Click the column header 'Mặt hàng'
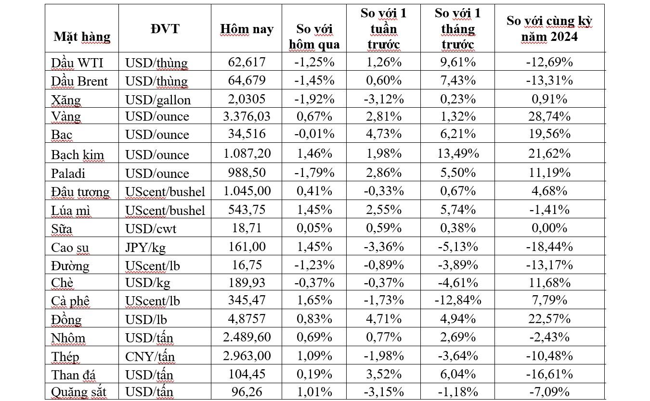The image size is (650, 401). click(x=82, y=37)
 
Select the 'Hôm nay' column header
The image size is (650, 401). click(x=247, y=29)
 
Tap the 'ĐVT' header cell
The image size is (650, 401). click(x=165, y=29)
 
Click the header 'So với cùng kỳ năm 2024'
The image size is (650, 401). click(x=549, y=29)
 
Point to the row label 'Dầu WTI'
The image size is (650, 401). click(x=78, y=63)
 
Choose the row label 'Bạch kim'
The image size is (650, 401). click(x=78, y=154)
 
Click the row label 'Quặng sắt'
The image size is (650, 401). click(x=78, y=392)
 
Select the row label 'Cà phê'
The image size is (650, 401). click(x=70, y=301)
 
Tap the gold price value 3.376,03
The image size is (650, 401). click(x=247, y=116)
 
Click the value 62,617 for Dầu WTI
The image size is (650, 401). click(x=247, y=62)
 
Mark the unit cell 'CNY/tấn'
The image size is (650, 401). click(x=150, y=356)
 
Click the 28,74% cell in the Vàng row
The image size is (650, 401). click(x=549, y=116)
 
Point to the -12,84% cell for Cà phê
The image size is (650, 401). click(x=457, y=301)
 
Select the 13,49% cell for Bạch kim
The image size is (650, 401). click(x=457, y=154)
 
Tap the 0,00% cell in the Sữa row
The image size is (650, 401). click(x=549, y=228)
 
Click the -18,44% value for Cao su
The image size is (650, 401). click(x=549, y=247)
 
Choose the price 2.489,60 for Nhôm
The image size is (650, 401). click(x=247, y=338)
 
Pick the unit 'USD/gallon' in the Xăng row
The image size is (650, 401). click(x=158, y=100)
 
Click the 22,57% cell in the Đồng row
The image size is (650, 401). click(x=549, y=319)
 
